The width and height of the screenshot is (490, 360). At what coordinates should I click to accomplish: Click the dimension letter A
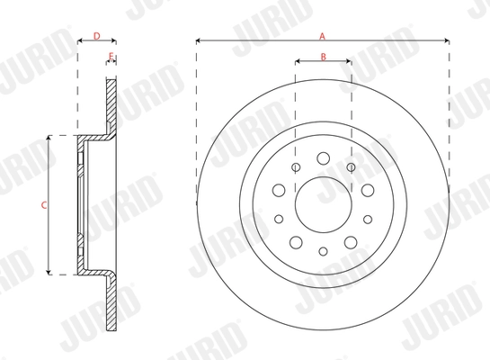point(322,35)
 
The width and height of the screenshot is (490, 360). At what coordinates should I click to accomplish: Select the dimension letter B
point(323,58)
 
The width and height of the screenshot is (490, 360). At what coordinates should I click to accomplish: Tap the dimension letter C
point(43,205)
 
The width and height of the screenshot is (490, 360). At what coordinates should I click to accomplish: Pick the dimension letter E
point(111,57)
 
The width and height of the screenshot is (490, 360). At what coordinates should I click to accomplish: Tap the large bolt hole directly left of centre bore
point(278,190)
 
